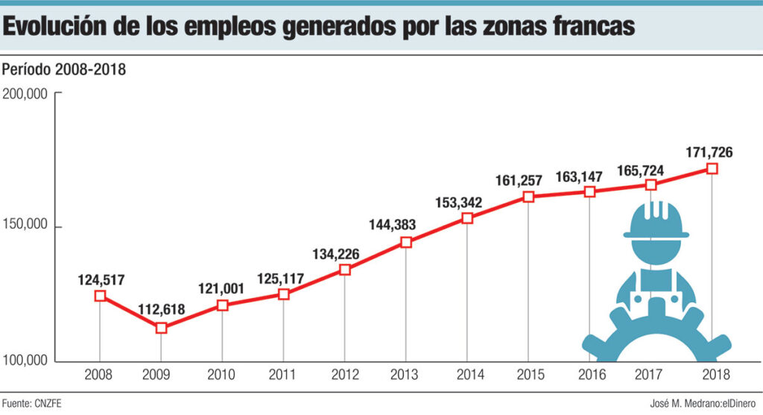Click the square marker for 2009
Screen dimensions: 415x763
point(161,328)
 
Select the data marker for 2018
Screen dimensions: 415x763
point(712,169)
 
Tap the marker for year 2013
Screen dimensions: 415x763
point(406,242)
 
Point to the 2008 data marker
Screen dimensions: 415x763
point(100,296)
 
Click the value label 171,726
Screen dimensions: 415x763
point(709,153)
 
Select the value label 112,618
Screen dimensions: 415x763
point(161,308)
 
